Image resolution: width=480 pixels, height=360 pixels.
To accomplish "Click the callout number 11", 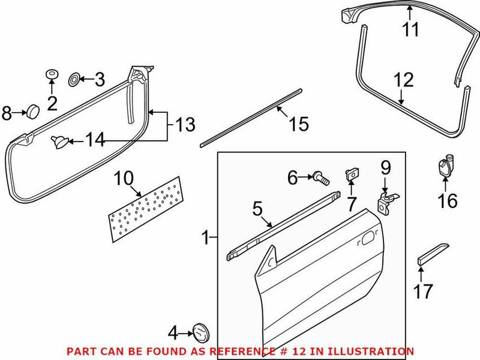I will click(x=411, y=29).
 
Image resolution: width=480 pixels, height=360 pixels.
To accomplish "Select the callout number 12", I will click(x=404, y=79).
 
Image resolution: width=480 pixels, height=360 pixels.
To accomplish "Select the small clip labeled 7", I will click(x=351, y=175).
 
